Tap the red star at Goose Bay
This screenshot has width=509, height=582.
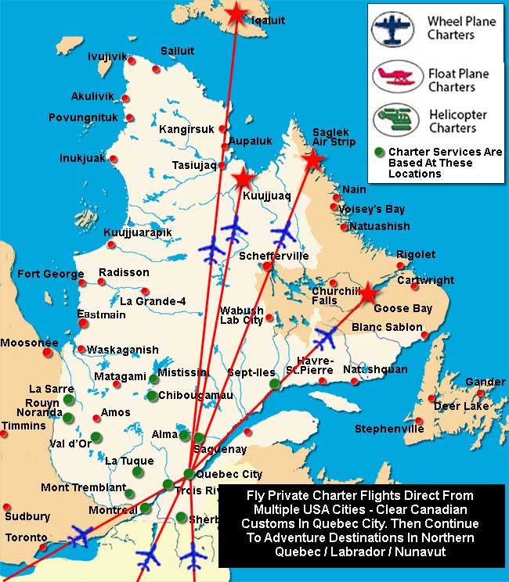[x=368, y=293]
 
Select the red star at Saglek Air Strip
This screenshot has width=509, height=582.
[x=313, y=160]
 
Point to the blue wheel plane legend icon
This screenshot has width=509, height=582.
[x=398, y=27]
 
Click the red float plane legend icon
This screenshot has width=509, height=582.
[x=398, y=79]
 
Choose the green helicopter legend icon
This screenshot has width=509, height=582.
[x=398, y=120]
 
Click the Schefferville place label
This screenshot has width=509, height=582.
[x=274, y=256]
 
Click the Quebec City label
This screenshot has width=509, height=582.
[x=230, y=474]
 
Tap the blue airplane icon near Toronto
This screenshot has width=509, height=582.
[x=81, y=537]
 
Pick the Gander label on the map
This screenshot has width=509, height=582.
[x=486, y=382]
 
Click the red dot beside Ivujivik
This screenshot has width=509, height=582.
[x=132, y=60]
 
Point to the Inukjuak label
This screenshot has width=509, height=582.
[x=82, y=158]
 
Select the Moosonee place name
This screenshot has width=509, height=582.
[x=29, y=343]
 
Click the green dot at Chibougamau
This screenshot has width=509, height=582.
[x=152, y=396]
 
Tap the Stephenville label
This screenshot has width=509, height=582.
[x=389, y=429]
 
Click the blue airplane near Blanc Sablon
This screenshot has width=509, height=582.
[x=323, y=338]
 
